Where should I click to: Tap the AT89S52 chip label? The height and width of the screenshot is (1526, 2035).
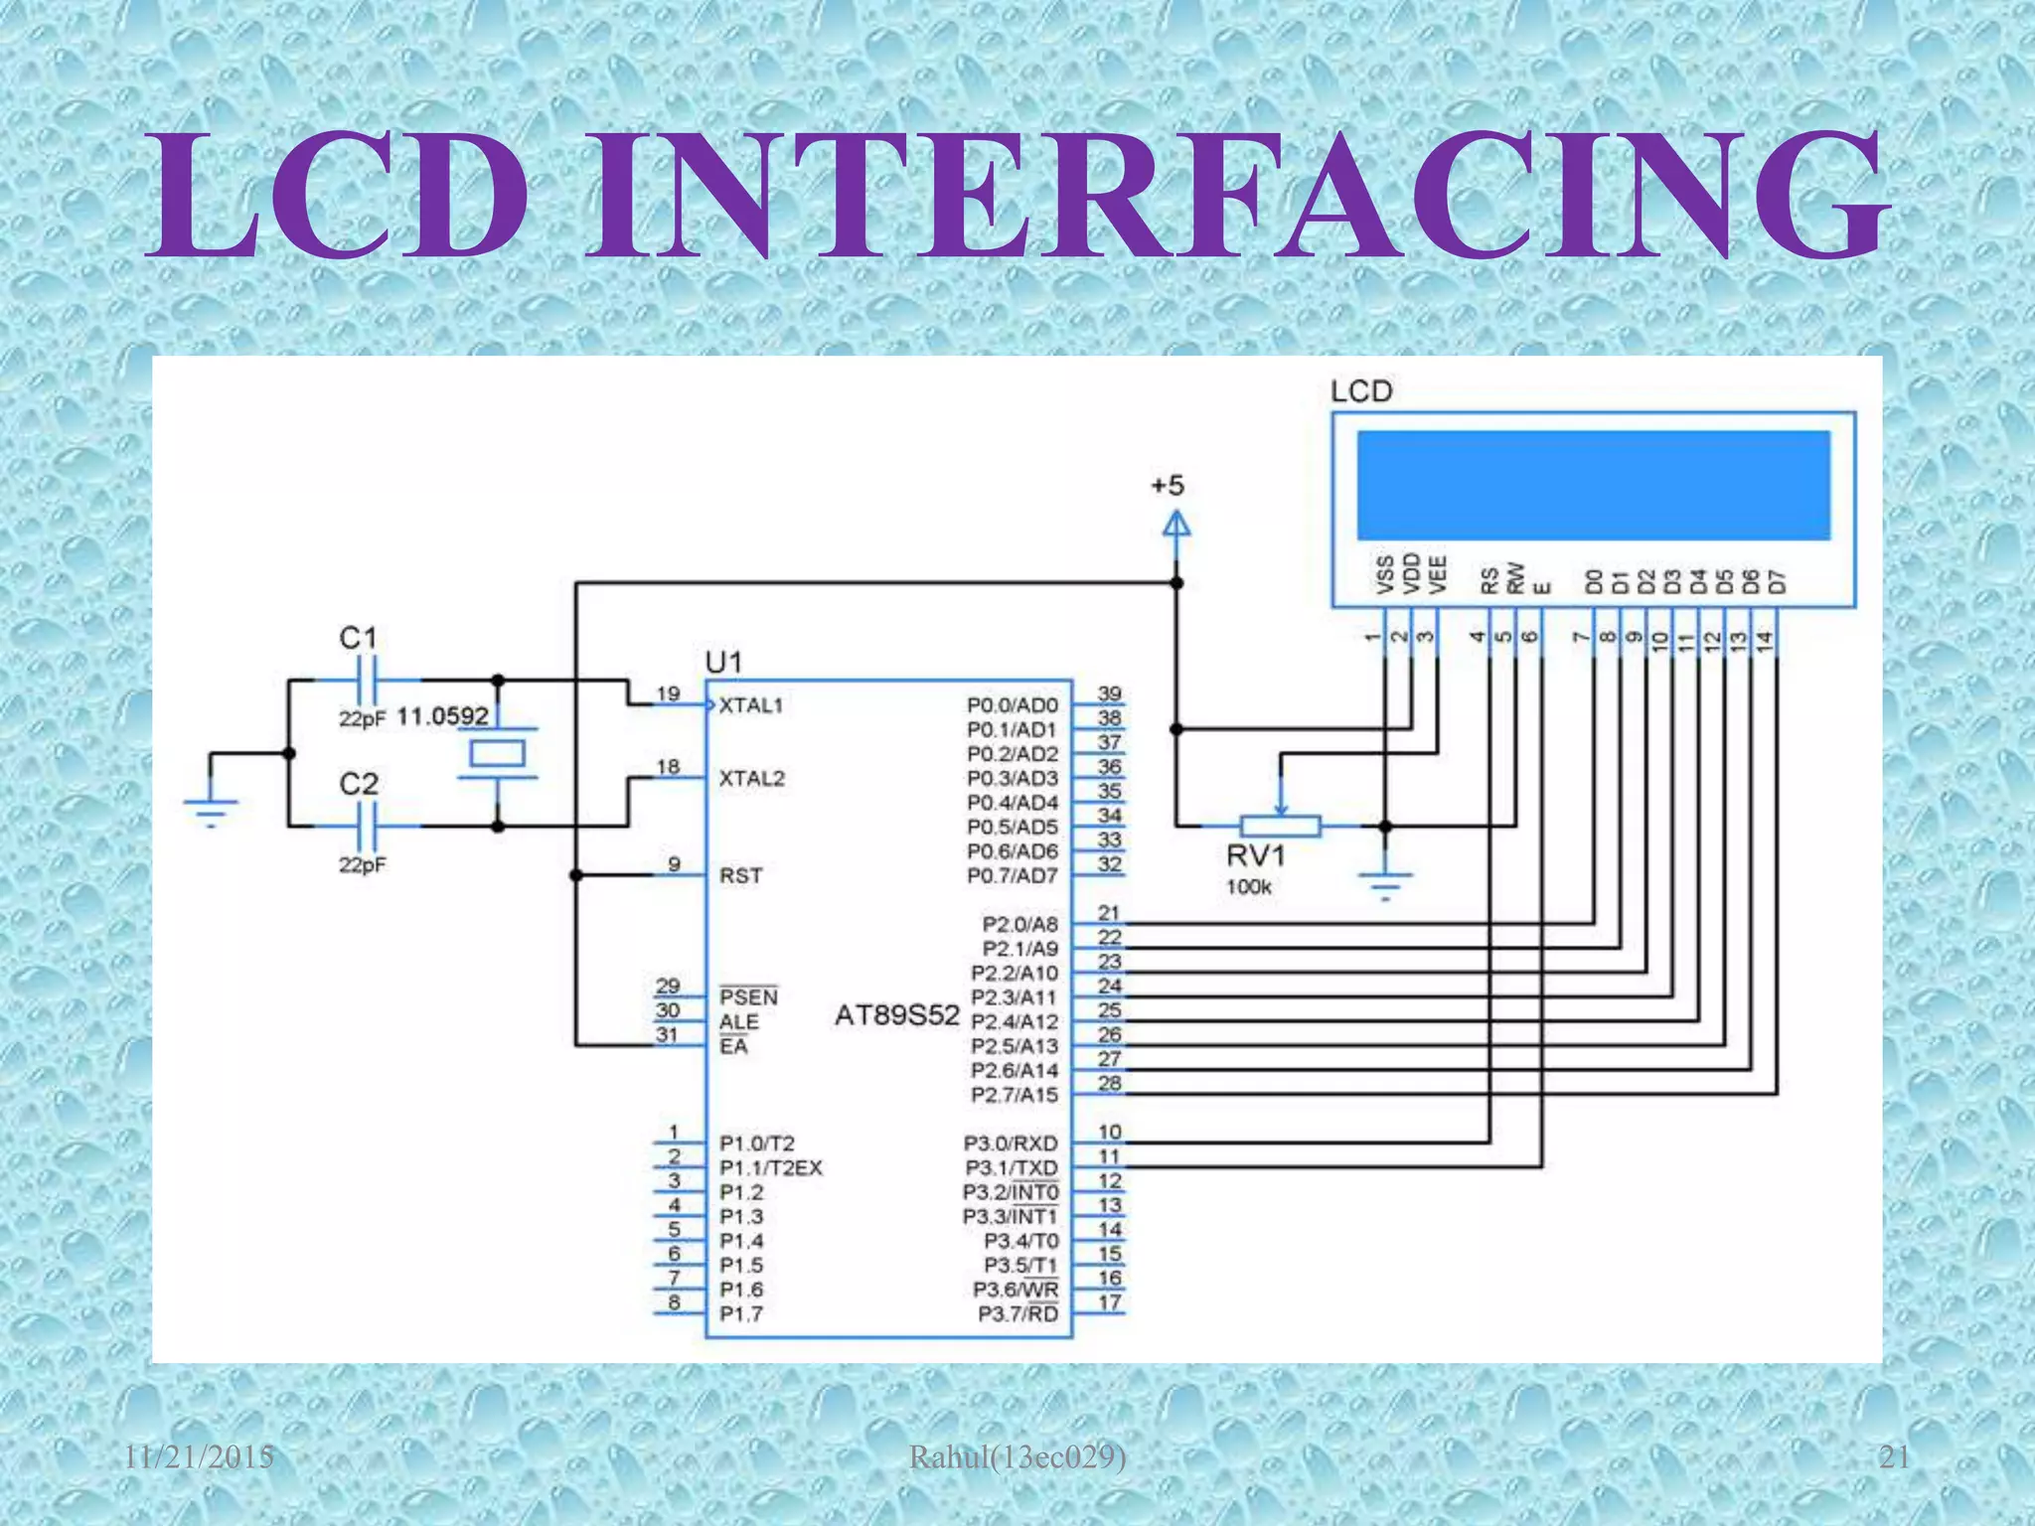point(896,1015)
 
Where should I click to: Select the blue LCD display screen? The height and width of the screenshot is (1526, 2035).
point(1593,485)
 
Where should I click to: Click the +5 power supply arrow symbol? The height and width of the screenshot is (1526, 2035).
point(1176,524)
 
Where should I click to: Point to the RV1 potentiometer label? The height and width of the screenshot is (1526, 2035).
point(1256,855)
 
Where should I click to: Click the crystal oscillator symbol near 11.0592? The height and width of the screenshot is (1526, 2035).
point(497,754)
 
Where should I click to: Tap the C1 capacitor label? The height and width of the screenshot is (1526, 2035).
point(358,638)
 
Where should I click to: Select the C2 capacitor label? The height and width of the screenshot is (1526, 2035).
point(359,784)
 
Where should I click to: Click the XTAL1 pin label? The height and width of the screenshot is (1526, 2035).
point(751,705)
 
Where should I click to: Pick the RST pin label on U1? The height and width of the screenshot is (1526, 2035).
point(741,875)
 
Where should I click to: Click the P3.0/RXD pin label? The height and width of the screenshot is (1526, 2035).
point(1011,1144)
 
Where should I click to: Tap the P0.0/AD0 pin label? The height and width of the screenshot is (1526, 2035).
point(1012,705)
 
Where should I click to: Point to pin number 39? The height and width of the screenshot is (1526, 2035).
point(1109,693)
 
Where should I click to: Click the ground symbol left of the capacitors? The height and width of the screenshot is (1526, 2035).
point(211,810)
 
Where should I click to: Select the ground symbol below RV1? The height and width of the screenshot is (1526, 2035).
point(1384,882)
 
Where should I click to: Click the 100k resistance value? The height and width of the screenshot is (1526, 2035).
point(1248,887)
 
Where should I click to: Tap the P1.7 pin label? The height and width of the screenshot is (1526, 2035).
point(741,1314)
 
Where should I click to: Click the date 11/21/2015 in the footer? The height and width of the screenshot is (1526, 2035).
point(199,1457)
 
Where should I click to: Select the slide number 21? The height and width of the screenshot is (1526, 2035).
point(1894,1457)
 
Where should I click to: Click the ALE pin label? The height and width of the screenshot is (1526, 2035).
point(738,1022)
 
